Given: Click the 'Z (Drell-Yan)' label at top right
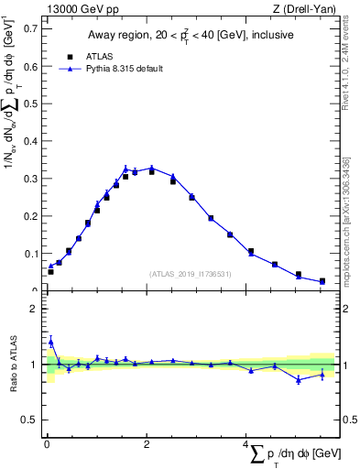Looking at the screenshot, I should coord(303,9).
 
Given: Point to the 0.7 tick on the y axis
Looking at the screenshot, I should coord(31,27).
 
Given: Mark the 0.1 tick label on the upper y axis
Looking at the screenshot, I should coord(31,254).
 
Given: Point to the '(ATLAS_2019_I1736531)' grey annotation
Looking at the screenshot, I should coord(191,274).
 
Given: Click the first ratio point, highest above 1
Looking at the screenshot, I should coord(50,342).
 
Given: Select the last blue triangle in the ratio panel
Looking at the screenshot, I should coord(322,374).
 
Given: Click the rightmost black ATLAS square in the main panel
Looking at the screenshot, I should coord(322,280).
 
